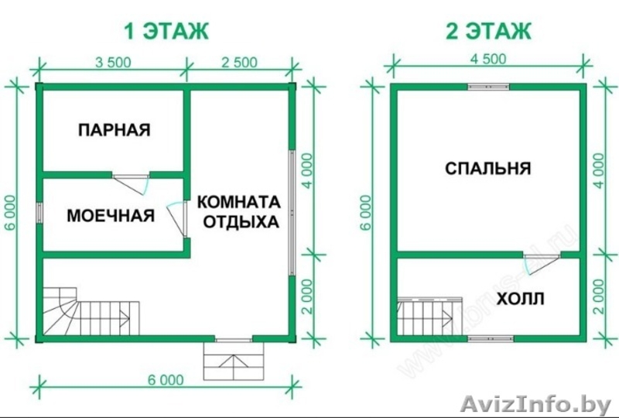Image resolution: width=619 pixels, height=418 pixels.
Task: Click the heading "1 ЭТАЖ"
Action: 166,31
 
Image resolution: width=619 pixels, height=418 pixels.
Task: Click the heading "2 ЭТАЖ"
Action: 489,31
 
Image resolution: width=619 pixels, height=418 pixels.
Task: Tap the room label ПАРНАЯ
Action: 115,129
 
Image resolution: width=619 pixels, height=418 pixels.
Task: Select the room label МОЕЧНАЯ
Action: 111,216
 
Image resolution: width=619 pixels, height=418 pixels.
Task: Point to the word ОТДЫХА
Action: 241,221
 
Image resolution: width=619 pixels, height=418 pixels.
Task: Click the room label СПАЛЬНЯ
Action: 488,169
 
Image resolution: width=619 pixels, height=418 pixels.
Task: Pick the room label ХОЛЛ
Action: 521,299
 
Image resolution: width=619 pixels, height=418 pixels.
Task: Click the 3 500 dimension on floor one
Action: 113,63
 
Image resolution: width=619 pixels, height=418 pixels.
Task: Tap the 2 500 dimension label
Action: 239,63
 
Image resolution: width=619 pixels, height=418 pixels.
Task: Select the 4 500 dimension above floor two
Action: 488,59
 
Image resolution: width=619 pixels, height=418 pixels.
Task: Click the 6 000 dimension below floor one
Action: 166,379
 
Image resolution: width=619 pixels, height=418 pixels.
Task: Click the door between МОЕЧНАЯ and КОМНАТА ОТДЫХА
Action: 177,219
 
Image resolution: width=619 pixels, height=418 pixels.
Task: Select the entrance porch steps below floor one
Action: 234,361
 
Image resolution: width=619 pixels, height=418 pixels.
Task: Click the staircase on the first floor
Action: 91,311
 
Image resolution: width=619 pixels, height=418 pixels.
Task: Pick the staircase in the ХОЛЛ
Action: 429,317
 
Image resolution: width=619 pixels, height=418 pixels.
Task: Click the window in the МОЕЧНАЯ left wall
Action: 40,214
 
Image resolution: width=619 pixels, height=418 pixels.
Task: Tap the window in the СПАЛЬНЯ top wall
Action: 488,87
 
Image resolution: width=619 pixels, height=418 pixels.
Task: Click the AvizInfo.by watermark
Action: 535,404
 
